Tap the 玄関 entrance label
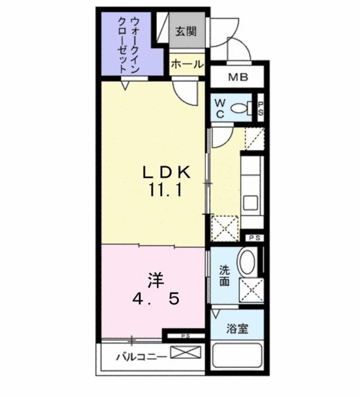point(186,32)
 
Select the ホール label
point(187,64)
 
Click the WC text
point(220,108)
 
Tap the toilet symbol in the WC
point(243,109)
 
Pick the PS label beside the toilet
point(261,108)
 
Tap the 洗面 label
point(224,275)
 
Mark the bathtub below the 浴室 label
point(236,358)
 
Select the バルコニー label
point(141,357)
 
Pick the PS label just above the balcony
point(185,336)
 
